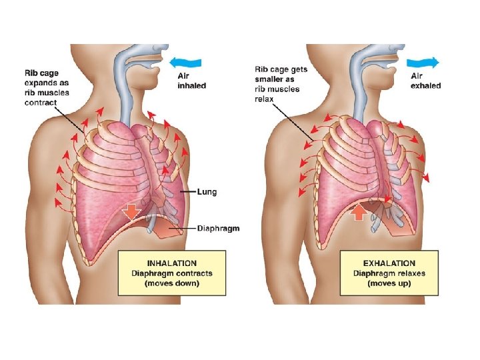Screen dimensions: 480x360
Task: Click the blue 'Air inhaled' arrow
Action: pos(185,63)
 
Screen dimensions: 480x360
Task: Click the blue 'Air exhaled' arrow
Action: pos(425,63)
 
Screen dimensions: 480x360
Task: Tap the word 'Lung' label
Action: pos(207,192)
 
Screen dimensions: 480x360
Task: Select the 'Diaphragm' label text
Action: pos(218,229)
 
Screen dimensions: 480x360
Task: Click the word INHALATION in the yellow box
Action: pos(172,263)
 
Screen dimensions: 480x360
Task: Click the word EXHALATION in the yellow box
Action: pos(390,263)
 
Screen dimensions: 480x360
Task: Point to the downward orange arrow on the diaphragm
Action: pos(131,211)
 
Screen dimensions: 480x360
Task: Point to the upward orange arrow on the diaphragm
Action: pos(358,212)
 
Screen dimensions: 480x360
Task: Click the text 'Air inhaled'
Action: pos(191,81)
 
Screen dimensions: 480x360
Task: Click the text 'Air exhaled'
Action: pos(425,81)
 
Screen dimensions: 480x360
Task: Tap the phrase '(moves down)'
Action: pos(172,283)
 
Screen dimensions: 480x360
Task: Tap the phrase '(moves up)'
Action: pos(390,283)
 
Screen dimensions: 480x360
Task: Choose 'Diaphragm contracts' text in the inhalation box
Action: pos(172,273)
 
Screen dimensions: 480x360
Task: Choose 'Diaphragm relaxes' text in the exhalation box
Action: pos(390,273)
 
